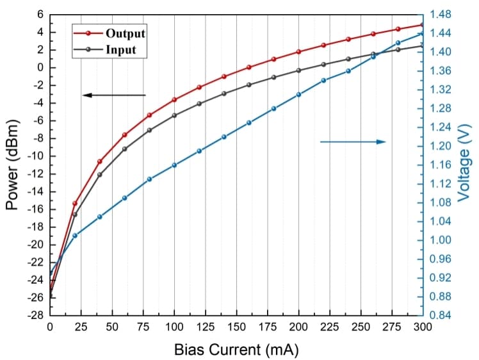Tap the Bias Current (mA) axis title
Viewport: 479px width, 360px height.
(236, 350)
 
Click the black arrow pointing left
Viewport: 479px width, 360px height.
(114, 95)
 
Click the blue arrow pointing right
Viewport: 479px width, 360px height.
(353, 142)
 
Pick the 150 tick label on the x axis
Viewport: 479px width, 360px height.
(236, 327)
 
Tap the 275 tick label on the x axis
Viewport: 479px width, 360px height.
(392, 327)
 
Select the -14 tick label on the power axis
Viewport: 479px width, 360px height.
(37, 192)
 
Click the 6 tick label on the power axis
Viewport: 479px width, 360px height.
(40, 14)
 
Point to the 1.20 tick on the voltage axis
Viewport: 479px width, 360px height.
(441, 146)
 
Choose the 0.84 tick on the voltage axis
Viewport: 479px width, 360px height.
(441, 316)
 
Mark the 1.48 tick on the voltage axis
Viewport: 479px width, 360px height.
(441, 14)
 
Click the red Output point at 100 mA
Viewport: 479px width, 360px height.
(174, 99)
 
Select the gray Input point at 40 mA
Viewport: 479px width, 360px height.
(100, 174)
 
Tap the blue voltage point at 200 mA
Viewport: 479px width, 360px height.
(298, 94)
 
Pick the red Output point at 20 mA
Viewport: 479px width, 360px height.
(75, 203)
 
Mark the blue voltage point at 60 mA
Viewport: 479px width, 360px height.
(125, 198)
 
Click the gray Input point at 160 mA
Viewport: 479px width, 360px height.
(249, 85)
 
